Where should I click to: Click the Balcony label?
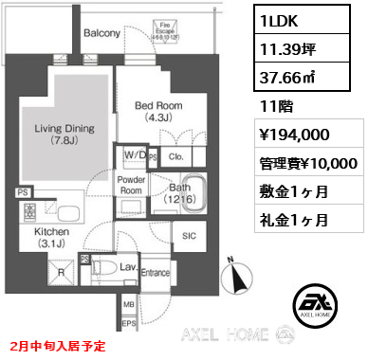(x=101, y=33)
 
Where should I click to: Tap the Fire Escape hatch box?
(x=190, y=30)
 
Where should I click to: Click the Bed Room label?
(x=158, y=111)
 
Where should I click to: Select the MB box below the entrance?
(x=129, y=305)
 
